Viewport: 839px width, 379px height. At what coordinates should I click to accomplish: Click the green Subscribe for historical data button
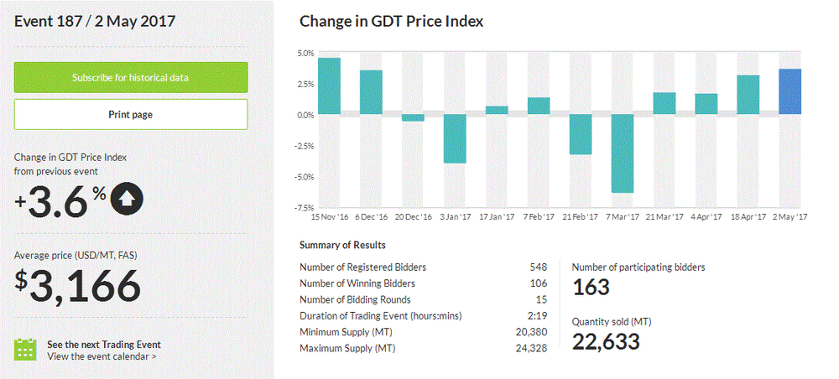point(130,77)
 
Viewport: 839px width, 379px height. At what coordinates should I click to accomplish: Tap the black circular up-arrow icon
point(127,198)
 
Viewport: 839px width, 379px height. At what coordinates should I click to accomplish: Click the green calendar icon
point(26,349)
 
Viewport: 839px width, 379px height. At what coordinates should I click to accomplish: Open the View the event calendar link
point(102,356)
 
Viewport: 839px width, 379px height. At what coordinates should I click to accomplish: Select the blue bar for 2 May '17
point(789,92)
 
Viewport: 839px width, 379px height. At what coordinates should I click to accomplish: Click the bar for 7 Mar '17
point(622,153)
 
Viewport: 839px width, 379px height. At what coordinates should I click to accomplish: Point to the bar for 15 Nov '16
point(329,86)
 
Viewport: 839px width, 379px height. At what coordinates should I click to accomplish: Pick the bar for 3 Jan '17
point(455,138)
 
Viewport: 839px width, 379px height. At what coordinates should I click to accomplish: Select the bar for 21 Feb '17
point(580,134)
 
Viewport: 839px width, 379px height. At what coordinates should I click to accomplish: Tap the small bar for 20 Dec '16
point(413,118)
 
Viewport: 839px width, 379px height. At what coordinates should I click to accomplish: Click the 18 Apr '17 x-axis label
point(748,217)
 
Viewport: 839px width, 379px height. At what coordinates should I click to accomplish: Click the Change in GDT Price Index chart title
point(391,21)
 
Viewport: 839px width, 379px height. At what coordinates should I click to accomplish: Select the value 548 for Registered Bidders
point(538,267)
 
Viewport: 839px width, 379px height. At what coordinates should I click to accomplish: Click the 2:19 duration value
point(538,315)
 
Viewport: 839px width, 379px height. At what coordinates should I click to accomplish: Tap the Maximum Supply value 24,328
point(531,348)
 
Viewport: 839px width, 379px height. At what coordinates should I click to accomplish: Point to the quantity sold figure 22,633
point(606,342)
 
